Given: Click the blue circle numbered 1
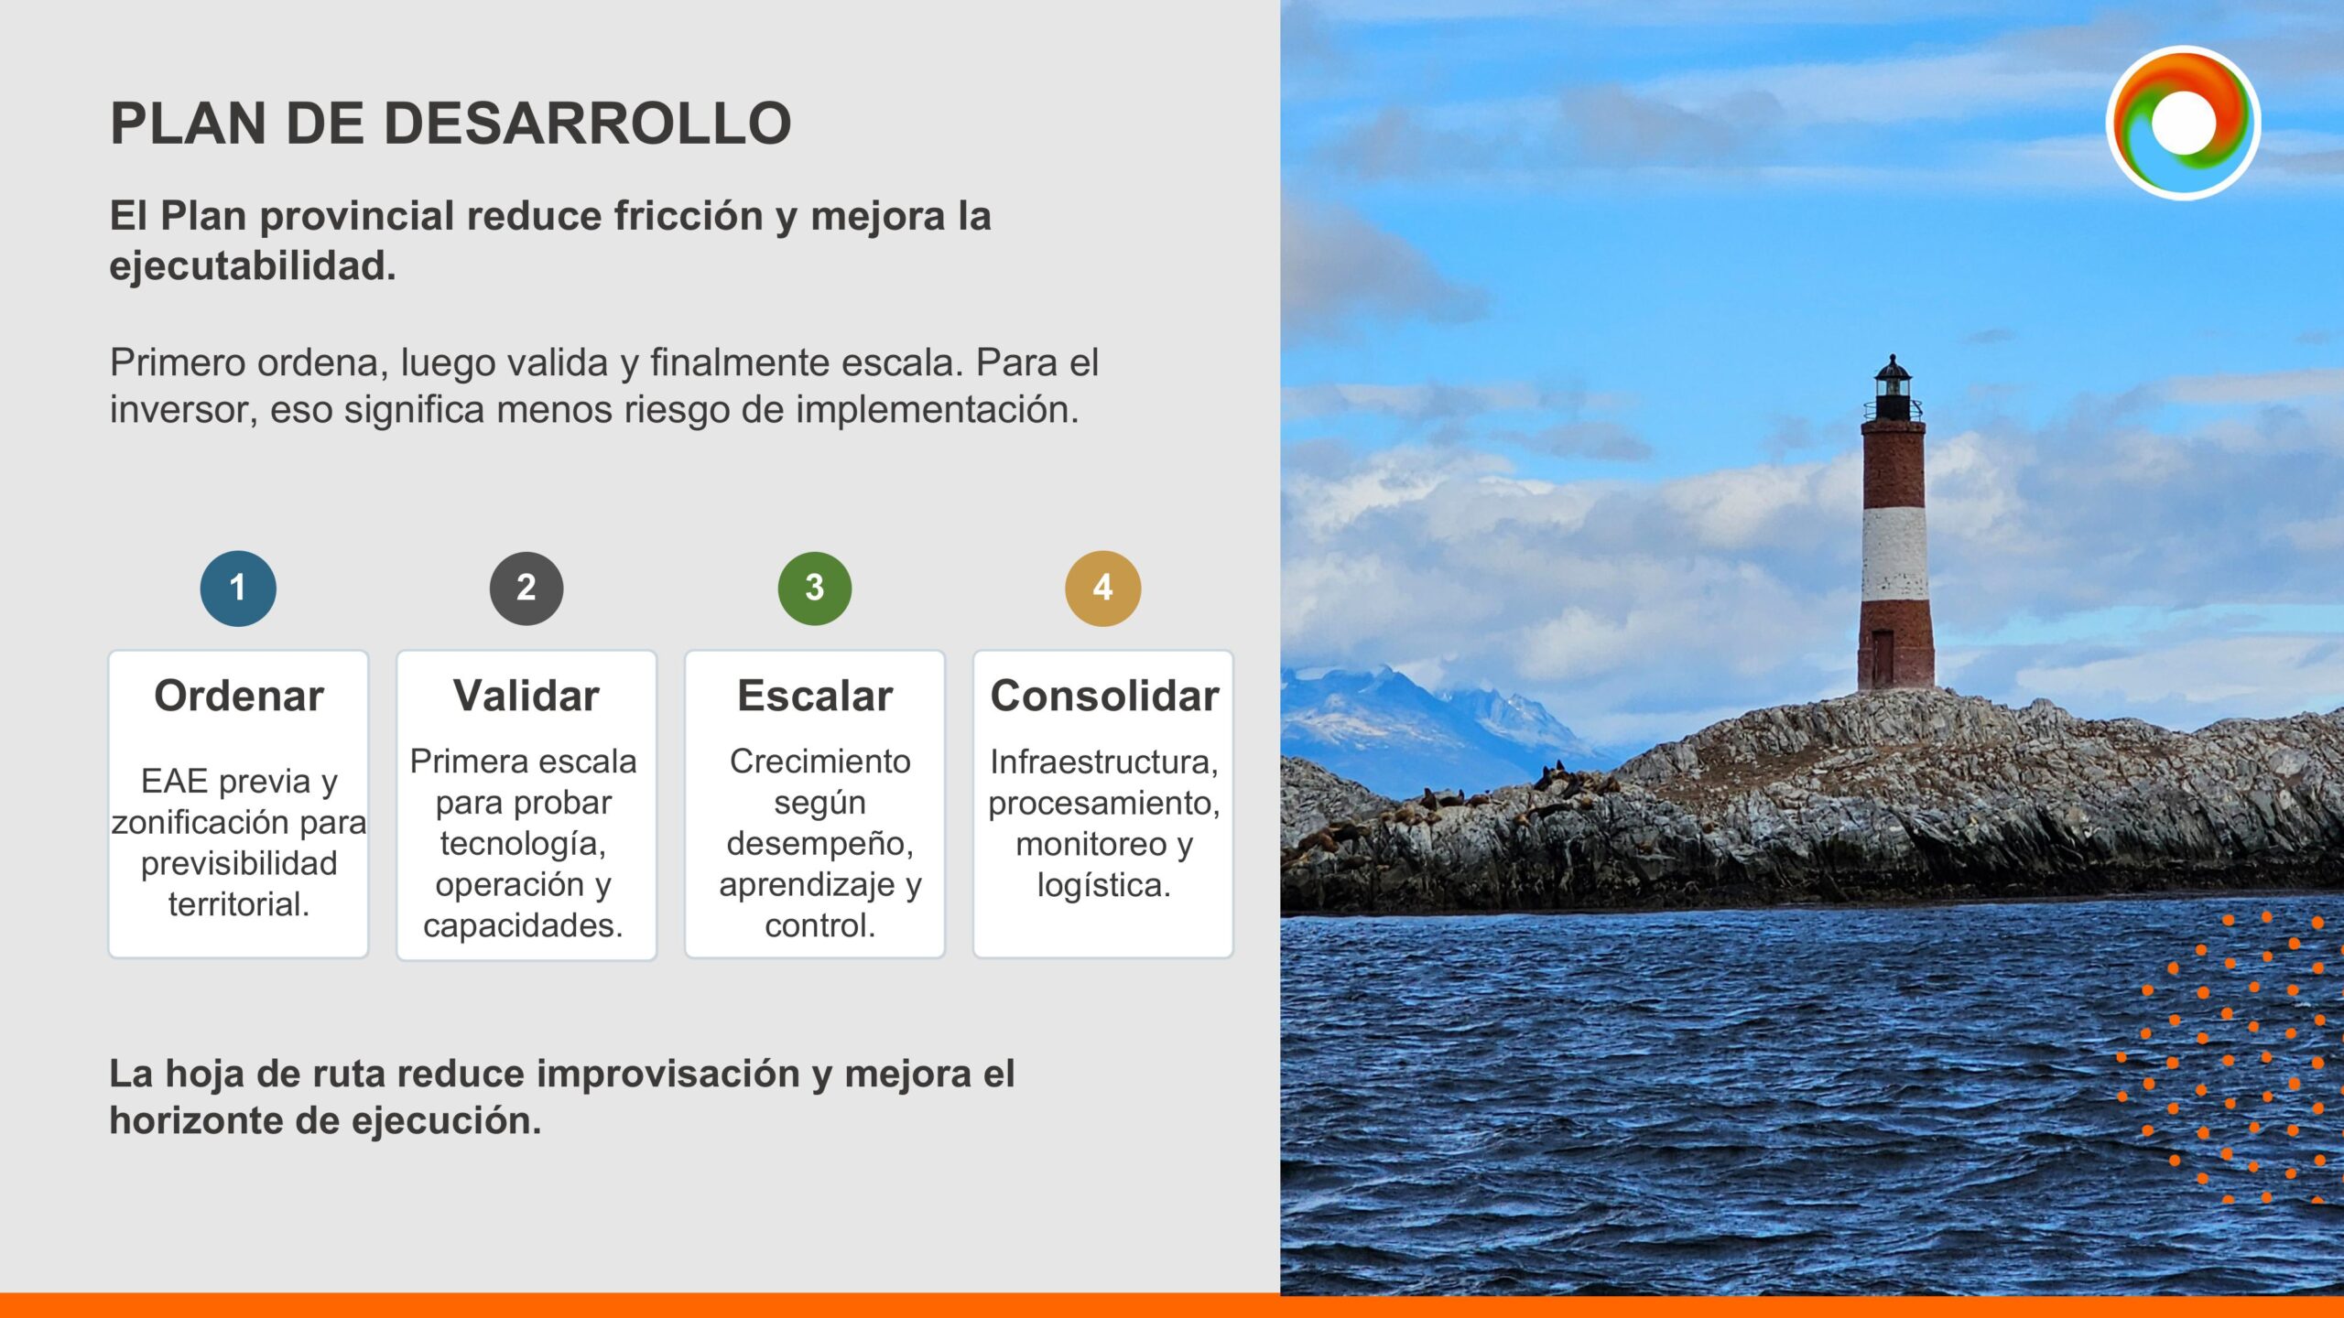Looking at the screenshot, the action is pos(238,588).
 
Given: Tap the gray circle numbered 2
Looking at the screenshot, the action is pos(526,588).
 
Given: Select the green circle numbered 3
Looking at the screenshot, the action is pos(815,588).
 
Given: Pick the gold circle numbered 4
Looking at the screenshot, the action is pos(1103,588).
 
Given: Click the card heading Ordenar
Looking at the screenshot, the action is pos(239,696).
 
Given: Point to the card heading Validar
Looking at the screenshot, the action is pos(526,696).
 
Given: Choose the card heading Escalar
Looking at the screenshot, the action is pos(815,696).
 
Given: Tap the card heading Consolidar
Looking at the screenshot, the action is pos(1104,696).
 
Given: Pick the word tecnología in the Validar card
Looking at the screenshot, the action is pos(523,844).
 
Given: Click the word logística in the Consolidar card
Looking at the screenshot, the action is pos(1104,885).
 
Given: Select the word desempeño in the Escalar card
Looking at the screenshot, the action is pos(820,844).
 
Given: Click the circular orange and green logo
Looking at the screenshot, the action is pos(2183,123).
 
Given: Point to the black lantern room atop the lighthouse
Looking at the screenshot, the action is pos(1892,389).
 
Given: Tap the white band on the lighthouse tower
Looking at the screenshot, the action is pos(1894,555).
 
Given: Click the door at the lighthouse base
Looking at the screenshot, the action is pos(1883,658).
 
